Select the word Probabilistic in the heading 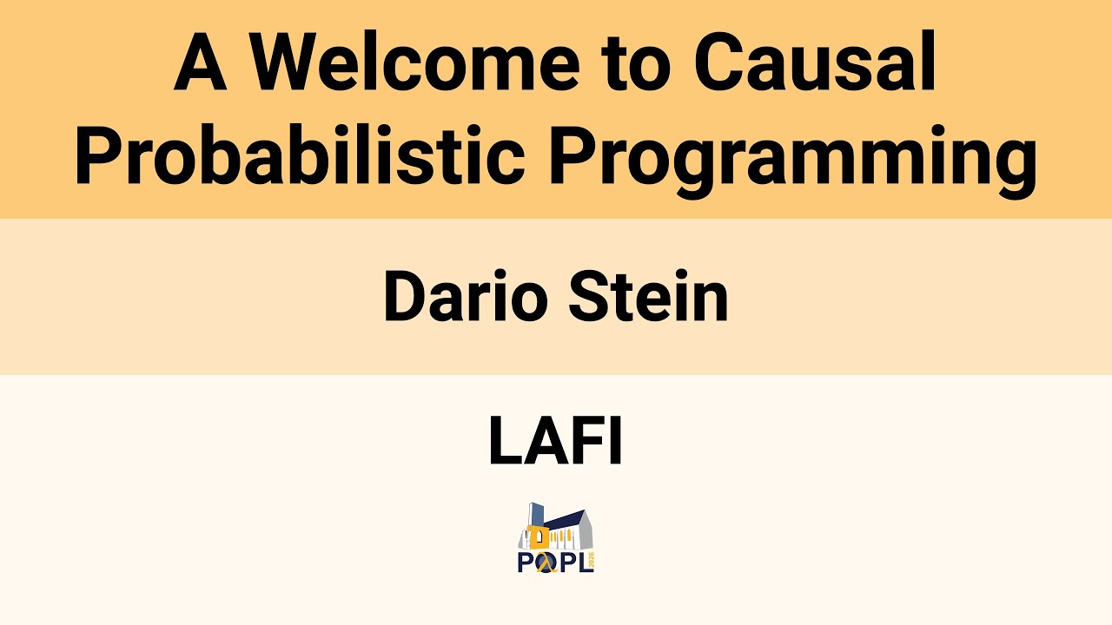tap(300, 156)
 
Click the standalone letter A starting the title tap(201, 65)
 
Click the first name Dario tap(466, 297)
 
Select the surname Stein tap(648, 297)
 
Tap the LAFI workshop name tap(556, 441)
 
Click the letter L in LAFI tap(505, 441)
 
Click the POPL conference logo tap(556, 538)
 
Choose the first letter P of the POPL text tap(525, 563)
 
